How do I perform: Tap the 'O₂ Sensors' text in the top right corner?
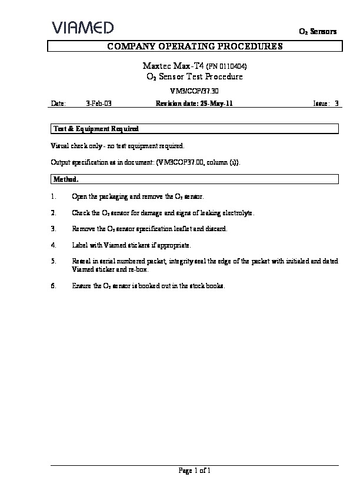318,32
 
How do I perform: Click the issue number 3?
336,104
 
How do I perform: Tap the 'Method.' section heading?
66,179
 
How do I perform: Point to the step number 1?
54,196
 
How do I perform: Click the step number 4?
54,245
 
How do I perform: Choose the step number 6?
54,286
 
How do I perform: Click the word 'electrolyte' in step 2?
239,212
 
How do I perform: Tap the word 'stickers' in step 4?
138,245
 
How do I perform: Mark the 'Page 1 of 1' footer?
194,471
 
